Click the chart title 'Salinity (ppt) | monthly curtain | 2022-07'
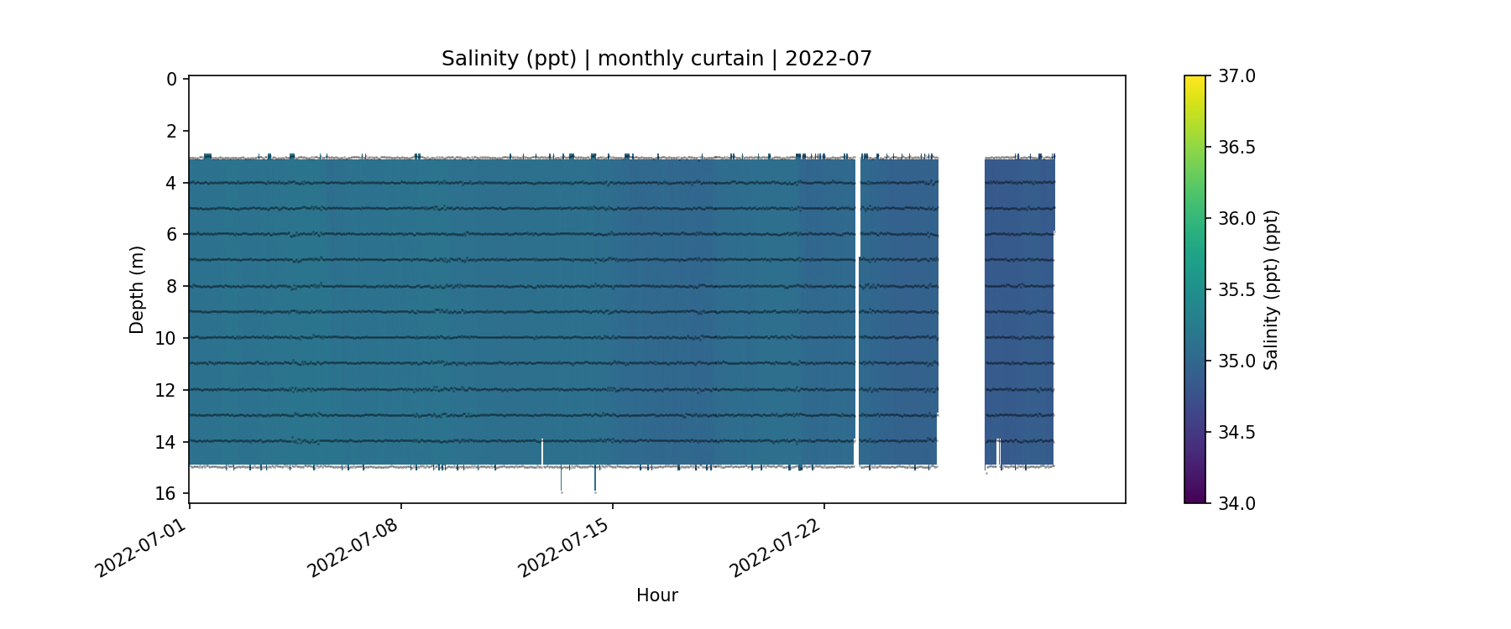[656, 59]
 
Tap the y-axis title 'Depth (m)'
[137, 289]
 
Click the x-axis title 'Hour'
[656, 595]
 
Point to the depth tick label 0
[171, 80]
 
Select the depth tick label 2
[171, 132]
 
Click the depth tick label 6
[171, 235]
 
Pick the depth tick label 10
[166, 339]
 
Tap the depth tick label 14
[166, 442]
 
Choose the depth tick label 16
[166, 494]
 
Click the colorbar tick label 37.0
[1237, 76]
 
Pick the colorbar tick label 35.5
[1237, 290]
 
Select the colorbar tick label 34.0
[1237, 503]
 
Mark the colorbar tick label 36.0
[1237, 219]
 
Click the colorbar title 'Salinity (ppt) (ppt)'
[1271, 289]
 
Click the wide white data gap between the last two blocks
[961, 310]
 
